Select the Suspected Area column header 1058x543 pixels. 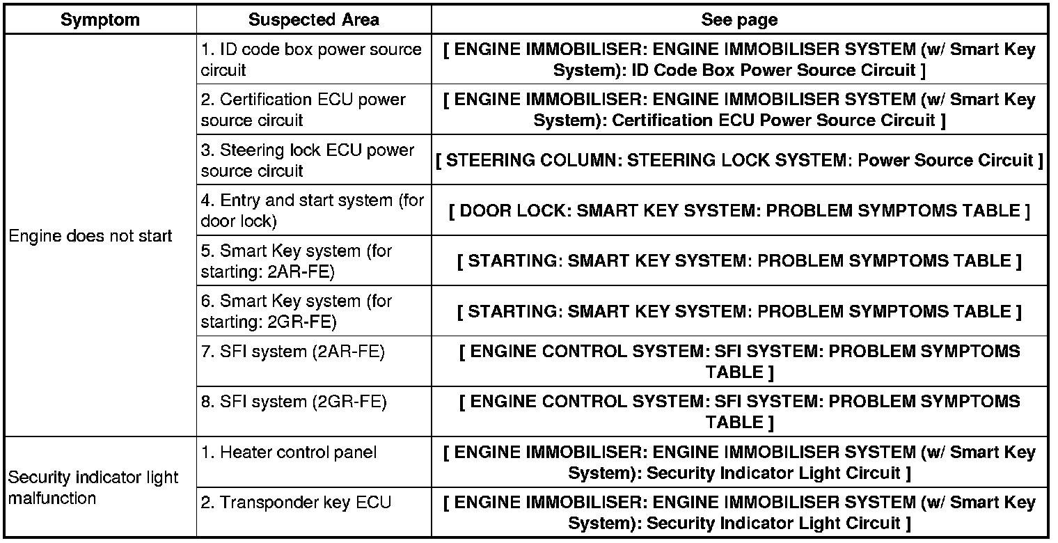313,20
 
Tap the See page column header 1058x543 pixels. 739,20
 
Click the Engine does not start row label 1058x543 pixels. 90,237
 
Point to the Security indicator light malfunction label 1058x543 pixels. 93,488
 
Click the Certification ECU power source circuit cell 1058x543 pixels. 303,110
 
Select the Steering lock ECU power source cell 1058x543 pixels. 307,161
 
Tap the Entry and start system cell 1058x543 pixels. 312,211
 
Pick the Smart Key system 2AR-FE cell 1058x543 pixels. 297,261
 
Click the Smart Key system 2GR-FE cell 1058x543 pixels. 297,311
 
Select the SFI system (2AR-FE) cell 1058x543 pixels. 293,352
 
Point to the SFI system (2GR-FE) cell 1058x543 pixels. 294,402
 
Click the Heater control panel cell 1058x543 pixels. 289,452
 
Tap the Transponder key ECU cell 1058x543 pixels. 297,503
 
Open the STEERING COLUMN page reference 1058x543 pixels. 739,161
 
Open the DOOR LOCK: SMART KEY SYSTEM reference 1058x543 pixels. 739,211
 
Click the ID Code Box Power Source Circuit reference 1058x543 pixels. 739,60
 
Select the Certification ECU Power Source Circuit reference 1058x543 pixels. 739,110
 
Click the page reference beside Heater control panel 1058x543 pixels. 739,463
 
